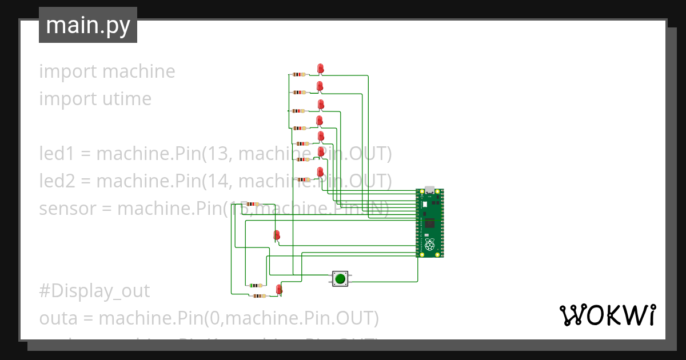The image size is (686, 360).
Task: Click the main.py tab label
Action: click(x=87, y=25)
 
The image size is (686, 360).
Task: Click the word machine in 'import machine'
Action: click(x=139, y=71)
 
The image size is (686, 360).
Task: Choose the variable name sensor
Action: click(x=67, y=209)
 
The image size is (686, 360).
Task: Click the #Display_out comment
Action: click(x=94, y=291)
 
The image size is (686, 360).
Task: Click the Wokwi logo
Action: click(x=607, y=315)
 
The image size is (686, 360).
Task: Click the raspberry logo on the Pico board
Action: click(x=429, y=246)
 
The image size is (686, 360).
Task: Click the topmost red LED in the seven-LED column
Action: click(x=321, y=69)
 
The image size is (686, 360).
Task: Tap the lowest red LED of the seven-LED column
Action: click(x=320, y=172)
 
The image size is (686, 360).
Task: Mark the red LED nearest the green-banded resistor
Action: click(x=279, y=289)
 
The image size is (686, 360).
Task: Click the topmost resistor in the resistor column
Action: click(x=298, y=74)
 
